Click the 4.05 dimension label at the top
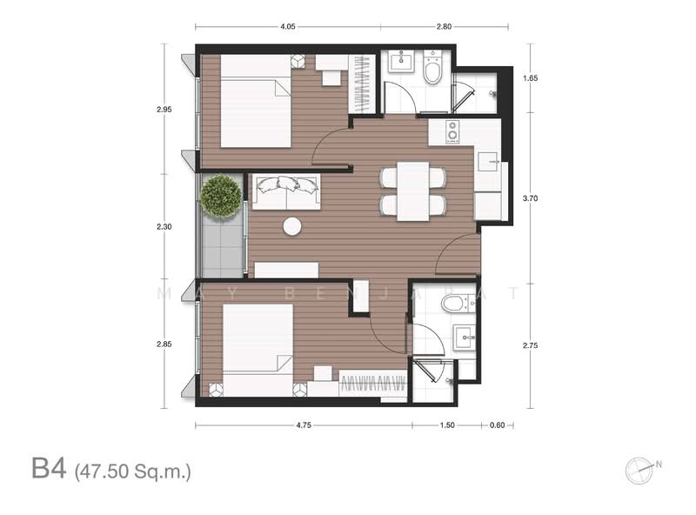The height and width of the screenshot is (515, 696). (x=288, y=27)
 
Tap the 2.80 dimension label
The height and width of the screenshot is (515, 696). (x=444, y=27)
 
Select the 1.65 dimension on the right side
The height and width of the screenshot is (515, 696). (x=530, y=78)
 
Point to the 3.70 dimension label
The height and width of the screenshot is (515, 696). (x=530, y=198)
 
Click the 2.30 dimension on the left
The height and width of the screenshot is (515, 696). (x=164, y=227)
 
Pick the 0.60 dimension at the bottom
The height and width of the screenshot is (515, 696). (x=497, y=425)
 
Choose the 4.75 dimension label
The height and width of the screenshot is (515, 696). (x=304, y=425)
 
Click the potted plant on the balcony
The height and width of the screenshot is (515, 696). (x=221, y=196)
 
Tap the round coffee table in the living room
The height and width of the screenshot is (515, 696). (x=292, y=226)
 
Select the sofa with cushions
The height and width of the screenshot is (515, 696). (x=286, y=191)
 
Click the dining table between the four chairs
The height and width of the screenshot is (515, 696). (x=413, y=191)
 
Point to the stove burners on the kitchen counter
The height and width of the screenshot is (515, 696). (x=452, y=131)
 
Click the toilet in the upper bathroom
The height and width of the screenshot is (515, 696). (x=432, y=69)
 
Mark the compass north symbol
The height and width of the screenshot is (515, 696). (x=641, y=470)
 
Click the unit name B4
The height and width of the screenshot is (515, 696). (x=49, y=468)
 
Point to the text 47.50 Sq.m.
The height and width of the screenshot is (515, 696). (x=133, y=472)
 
